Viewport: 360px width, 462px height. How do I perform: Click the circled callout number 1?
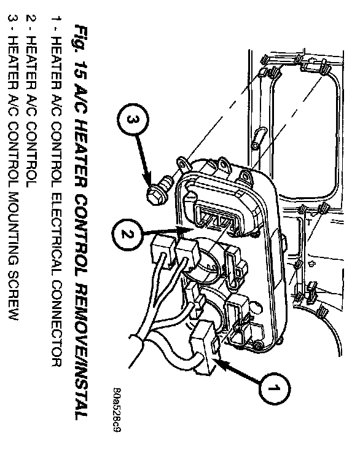tap(274, 388)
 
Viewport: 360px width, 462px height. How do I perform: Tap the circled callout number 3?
tap(133, 119)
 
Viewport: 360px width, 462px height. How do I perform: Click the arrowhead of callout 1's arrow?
tap(221, 364)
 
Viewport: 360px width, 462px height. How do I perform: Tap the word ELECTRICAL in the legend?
tap(57, 234)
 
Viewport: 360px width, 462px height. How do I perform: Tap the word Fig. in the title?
tap(80, 40)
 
